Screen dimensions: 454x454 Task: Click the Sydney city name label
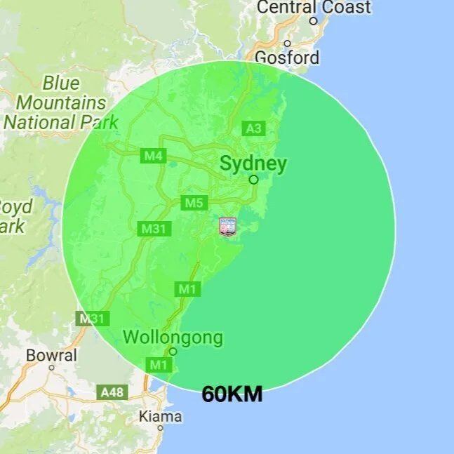pyautogui.click(x=253, y=164)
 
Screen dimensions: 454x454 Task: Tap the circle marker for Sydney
pyautogui.click(x=254, y=180)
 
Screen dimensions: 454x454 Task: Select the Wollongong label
pyautogui.click(x=173, y=338)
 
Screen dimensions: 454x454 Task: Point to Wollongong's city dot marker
pyautogui.click(x=173, y=352)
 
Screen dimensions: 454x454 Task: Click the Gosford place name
pyautogui.click(x=286, y=58)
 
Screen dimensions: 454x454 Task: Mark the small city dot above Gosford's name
pyautogui.click(x=287, y=44)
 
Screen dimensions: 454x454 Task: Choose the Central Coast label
pyautogui.click(x=313, y=8)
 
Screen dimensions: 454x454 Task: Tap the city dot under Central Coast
pyautogui.click(x=314, y=21)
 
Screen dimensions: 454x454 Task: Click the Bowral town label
pyautogui.click(x=51, y=356)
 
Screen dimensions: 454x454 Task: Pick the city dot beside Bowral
pyautogui.click(x=51, y=368)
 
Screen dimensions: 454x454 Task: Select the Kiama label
pyautogui.click(x=160, y=417)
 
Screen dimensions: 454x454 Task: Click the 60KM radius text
pyautogui.click(x=232, y=395)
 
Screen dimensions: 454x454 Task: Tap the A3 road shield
pyautogui.click(x=253, y=128)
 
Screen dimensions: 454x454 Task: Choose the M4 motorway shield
pyautogui.click(x=153, y=156)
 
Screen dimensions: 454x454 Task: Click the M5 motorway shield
pyautogui.click(x=194, y=203)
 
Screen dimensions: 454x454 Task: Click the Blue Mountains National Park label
pyautogui.click(x=60, y=102)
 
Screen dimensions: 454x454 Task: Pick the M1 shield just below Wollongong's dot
pyautogui.click(x=159, y=364)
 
